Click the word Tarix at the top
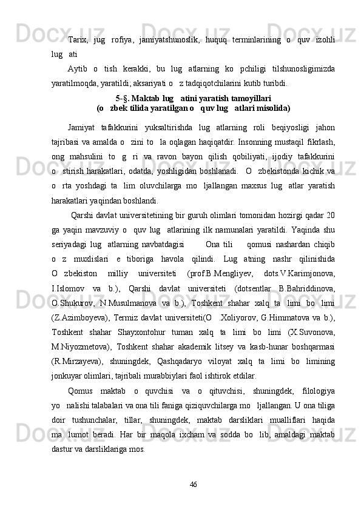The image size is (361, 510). click(78, 41)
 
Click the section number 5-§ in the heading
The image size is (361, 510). click(122, 98)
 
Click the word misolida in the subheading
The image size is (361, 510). click(254, 108)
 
